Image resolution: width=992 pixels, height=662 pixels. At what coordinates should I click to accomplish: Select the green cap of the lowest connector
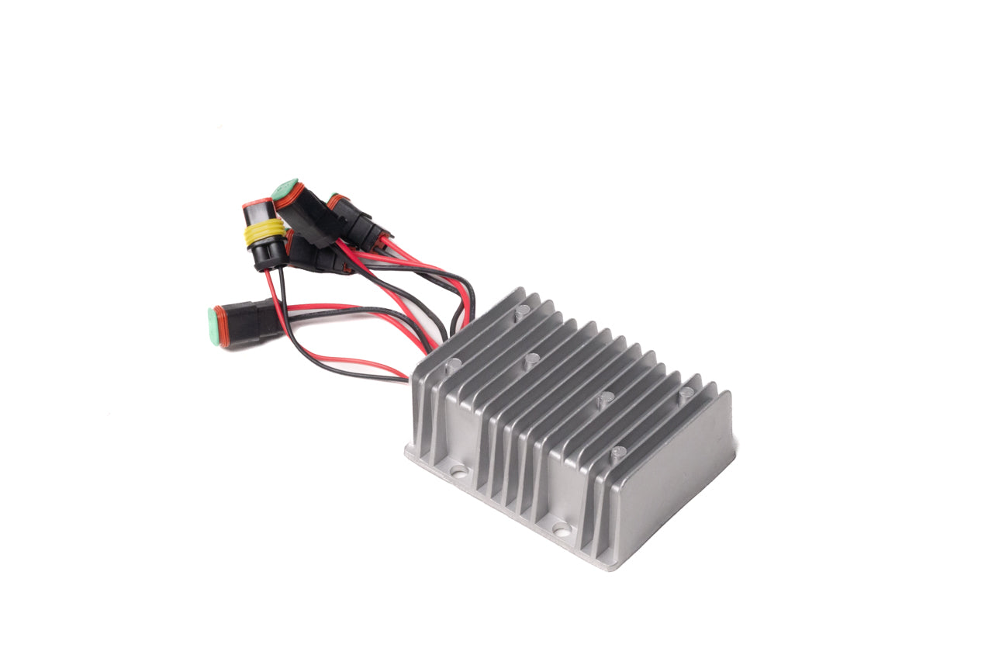pyautogui.click(x=215, y=325)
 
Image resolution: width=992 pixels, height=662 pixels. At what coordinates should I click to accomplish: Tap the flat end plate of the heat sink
pyautogui.click(x=676, y=481)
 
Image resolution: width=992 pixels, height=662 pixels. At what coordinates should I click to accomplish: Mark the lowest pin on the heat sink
pyautogui.click(x=617, y=452)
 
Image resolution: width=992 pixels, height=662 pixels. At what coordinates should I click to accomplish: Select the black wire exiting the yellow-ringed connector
pyautogui.click(x=283, y=291)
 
